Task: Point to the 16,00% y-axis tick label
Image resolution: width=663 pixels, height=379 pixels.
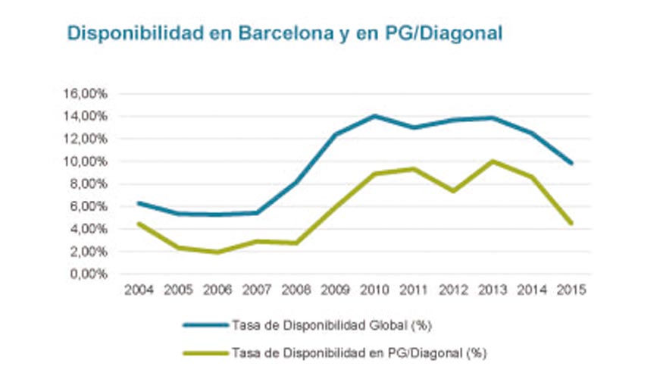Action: click(x=89, y=94)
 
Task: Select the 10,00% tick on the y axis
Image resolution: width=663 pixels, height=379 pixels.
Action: click(x=89, y=161)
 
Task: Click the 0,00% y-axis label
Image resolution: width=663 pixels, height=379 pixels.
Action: click(x=92, y=274)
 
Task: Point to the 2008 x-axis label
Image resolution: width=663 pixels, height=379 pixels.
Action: click(x=295, y=290)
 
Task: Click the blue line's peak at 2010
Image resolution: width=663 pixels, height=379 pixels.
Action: click(x=374, y=116)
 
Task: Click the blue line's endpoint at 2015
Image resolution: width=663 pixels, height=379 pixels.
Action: click(x=571, y=163)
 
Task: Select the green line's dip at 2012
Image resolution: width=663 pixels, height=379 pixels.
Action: click(x=452, y=191)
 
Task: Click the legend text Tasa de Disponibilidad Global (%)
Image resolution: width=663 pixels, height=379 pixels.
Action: click(x=331, y=325)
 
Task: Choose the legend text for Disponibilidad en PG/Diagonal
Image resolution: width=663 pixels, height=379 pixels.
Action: click(x=358, y=352)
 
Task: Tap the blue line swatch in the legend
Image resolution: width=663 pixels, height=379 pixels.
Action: click(x=205, y=325)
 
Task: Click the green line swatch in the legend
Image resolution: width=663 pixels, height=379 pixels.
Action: click(x=205, y=352)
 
